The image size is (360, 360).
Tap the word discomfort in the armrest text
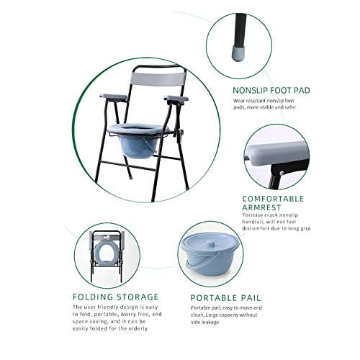(x=258, y=233)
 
